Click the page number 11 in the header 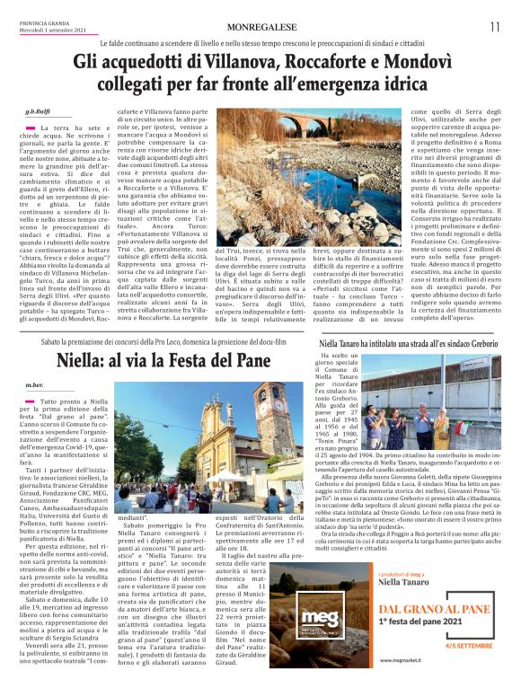pos(495,27)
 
